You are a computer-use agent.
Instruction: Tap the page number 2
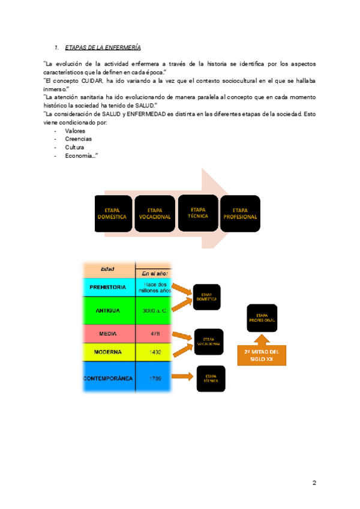(x=314, y=483)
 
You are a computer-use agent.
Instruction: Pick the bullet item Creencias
(x=78, y=139)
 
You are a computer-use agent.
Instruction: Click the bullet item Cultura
(x=74, y=147)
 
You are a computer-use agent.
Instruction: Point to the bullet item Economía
(x=80, y=155)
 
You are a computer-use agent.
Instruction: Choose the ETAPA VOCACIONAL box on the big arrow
(x=155, y=214)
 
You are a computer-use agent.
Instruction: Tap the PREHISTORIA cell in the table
(x=108, y=287)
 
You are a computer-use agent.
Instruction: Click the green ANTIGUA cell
(x=108, y=311)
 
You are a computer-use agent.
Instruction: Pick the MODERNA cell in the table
(x=108, y=352)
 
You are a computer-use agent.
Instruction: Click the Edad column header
(x=108, y=269)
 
